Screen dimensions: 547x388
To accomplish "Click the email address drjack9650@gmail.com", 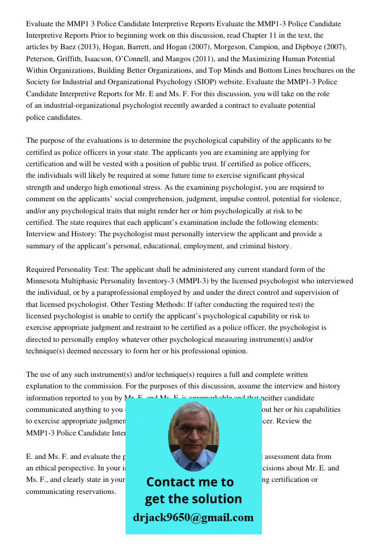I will tap(193, 517).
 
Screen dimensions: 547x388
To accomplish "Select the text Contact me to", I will tap(190, 482).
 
